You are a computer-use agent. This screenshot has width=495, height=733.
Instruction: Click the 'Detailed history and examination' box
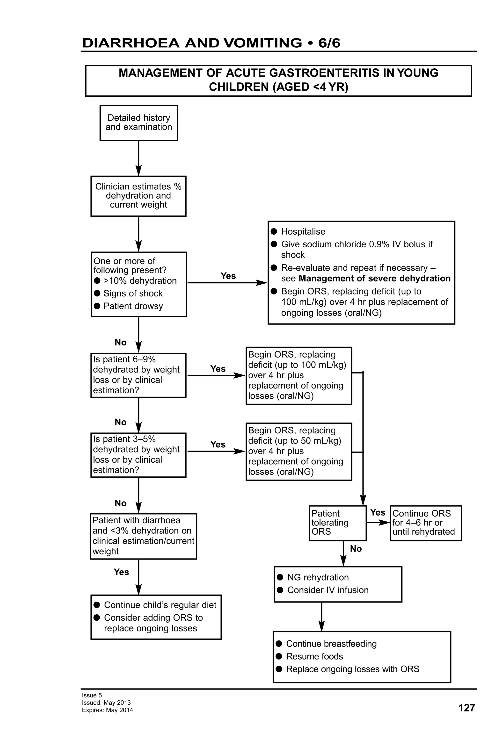(x=138, y=123)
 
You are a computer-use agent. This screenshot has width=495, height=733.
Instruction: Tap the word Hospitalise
(x=303, y=231)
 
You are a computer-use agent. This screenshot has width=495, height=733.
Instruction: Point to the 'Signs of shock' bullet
(x=133, y=293)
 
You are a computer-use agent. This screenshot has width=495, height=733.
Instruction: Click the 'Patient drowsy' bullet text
(x=133, y=306)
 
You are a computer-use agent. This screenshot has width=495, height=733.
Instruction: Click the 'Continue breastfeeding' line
(x=331, y=643)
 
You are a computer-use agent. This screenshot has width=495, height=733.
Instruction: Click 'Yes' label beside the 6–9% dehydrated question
(x=218, y=369)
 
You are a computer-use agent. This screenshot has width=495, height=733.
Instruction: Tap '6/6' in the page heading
(x=329, y=43)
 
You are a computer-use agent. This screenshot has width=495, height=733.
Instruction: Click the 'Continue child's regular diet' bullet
(x=160, y=605)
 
